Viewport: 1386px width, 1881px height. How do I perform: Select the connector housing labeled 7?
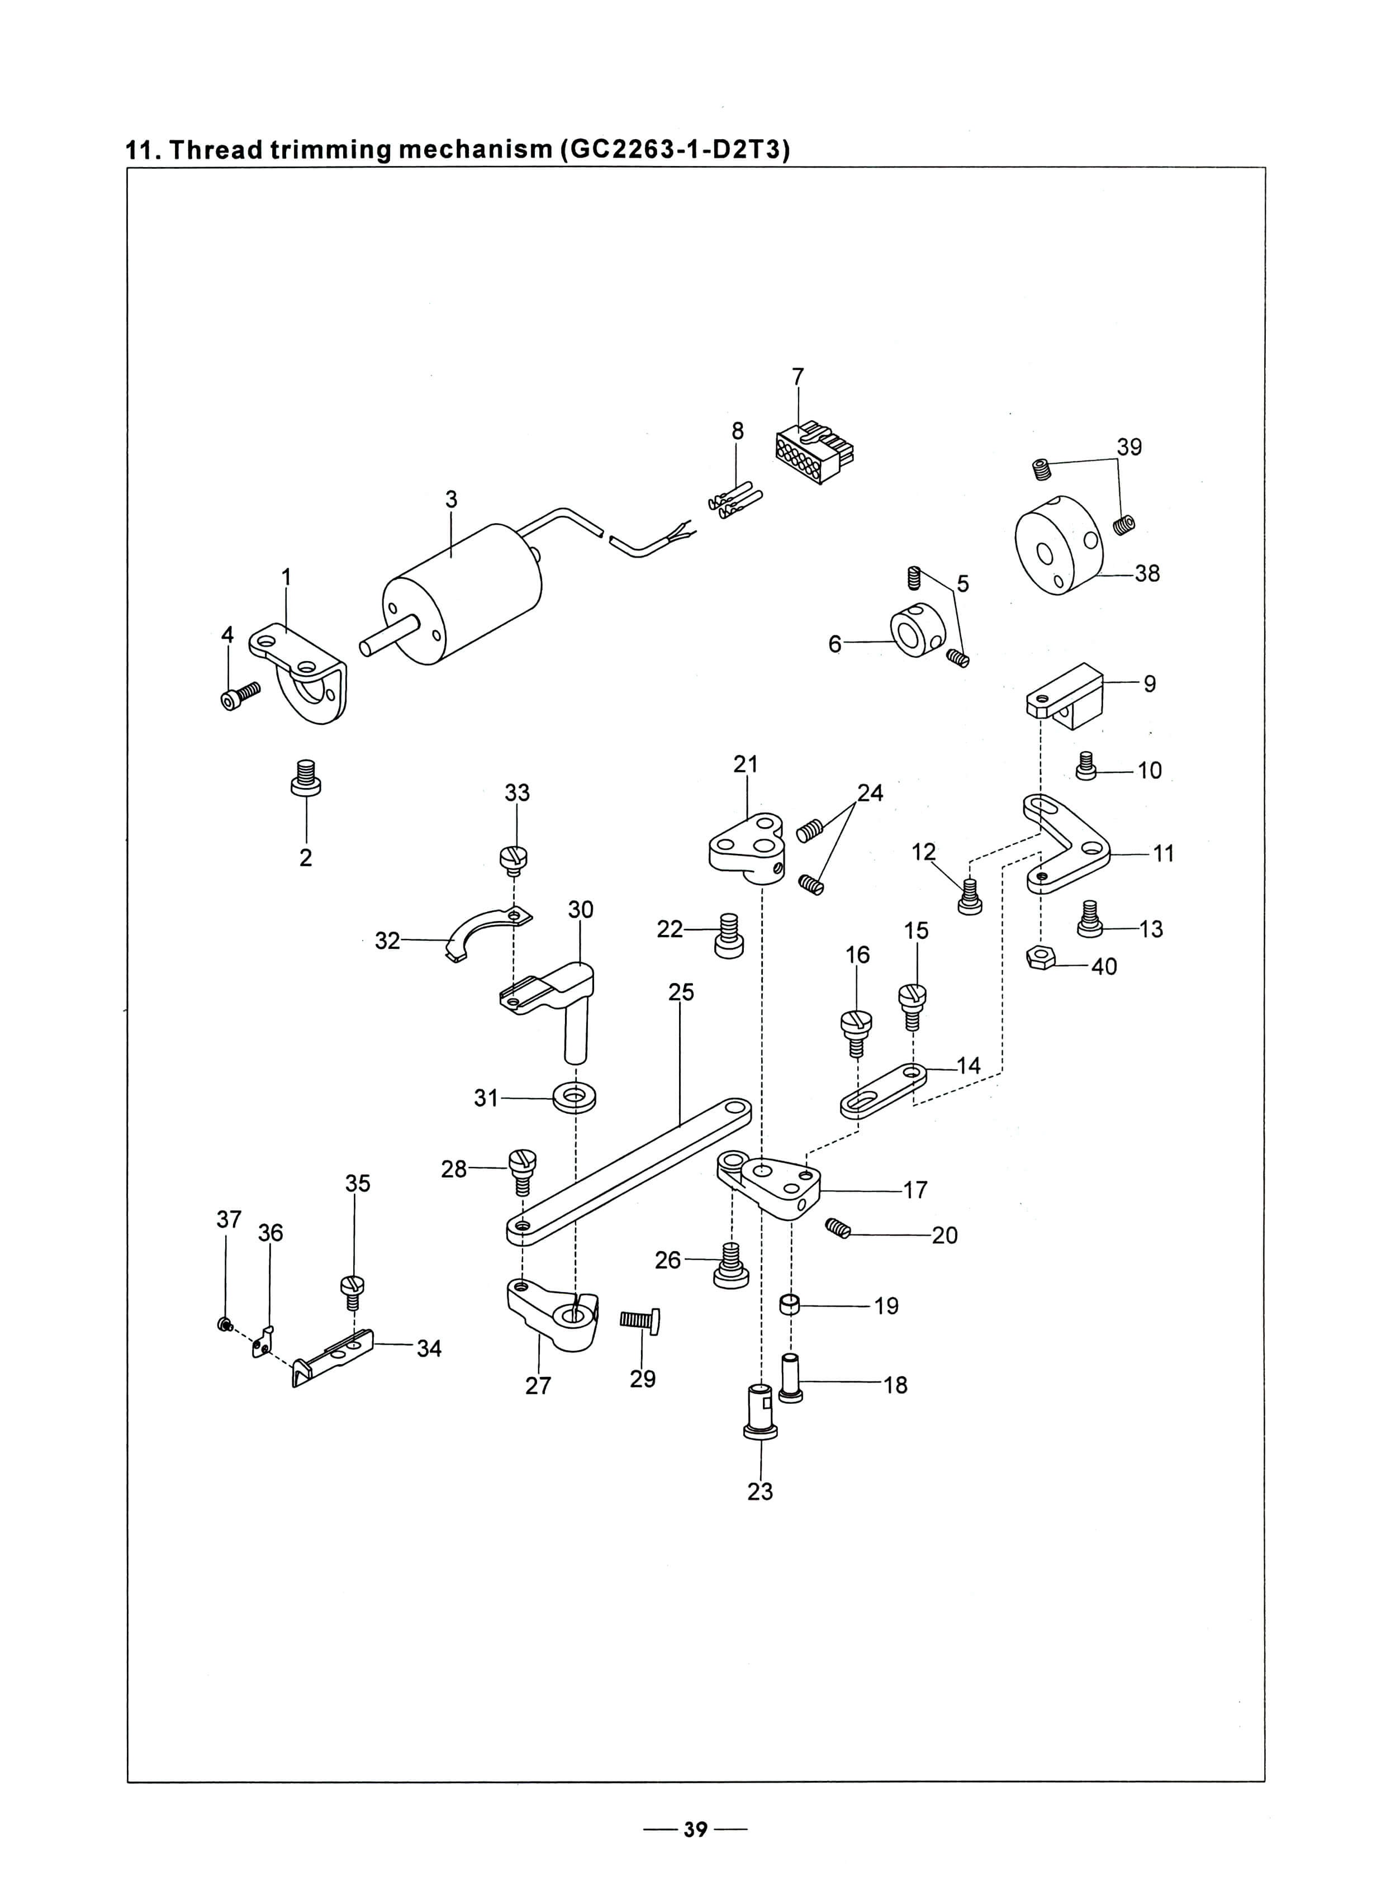point(814,454)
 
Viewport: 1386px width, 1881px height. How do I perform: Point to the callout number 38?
point(1147,574)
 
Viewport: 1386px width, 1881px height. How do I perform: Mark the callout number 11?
point(1163,853)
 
